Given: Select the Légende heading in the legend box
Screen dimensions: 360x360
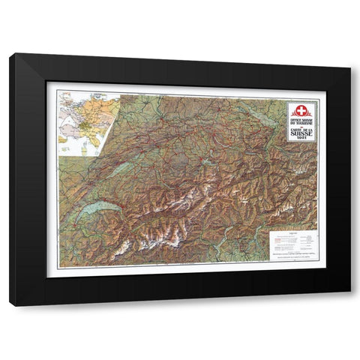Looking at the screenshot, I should [292, 234].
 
